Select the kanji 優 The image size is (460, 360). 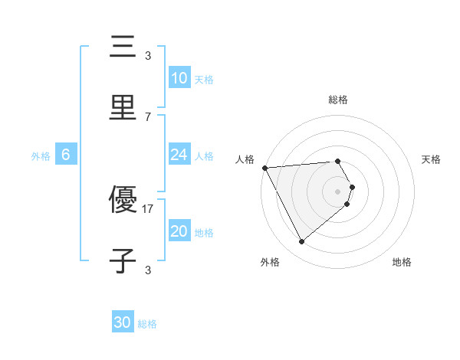[x=123, y=201]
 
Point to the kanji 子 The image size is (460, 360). [x=123, y=260]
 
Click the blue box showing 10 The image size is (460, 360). [x=179, y=78]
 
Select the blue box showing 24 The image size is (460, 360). [x=179, y=155]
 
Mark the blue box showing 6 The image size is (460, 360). [x=66, y=155]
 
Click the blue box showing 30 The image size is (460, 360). [x=122, y=322]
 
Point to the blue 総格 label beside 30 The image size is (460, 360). [x=147, y=324]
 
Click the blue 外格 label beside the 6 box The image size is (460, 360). [x=41, y=156]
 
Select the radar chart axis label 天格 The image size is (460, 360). [x=431, y=159]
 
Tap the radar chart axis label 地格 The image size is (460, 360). [x=402, y=262]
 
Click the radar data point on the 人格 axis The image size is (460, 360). [x=264, y=167]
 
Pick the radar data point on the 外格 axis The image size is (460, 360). [x=301, y=242]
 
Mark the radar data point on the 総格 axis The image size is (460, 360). [x=337, y=161]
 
